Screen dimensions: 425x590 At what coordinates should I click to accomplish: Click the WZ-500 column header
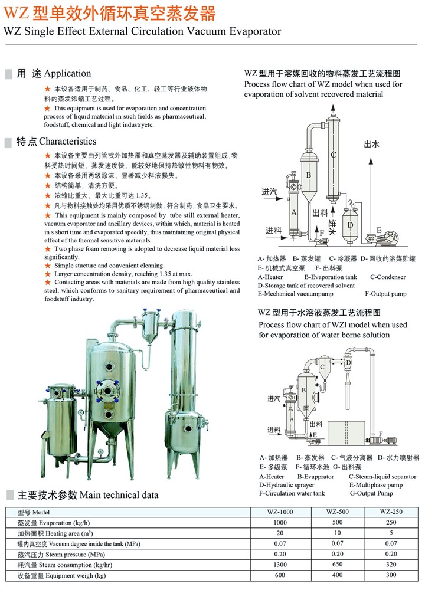[337, 512]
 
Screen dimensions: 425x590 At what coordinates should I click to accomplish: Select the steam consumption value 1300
[280, 565]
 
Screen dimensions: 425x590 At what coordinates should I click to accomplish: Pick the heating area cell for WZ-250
[391, 533]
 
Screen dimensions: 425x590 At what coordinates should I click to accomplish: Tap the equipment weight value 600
[280, 575]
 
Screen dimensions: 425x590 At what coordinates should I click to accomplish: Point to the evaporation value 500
[337, 522]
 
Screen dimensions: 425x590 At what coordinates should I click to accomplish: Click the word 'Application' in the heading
[67, 73]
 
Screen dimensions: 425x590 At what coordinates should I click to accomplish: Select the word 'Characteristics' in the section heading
[68, 142]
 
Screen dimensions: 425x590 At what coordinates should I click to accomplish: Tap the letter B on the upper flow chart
[309, 175]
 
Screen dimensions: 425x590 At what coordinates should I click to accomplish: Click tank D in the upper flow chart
[351, 224]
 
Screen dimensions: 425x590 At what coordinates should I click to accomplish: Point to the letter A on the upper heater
[294, 212]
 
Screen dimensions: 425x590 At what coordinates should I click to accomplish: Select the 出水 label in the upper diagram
[371, 144]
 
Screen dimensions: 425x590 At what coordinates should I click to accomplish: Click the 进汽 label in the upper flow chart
[270, 192]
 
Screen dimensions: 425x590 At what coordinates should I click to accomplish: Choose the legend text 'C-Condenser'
[388, 277]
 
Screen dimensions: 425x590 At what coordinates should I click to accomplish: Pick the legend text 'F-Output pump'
[386, 294]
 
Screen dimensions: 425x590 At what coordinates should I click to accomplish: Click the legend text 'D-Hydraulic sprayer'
[286, 485]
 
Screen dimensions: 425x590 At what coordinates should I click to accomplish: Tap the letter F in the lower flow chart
[381, 434]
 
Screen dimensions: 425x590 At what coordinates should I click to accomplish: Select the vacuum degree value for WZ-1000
[280, 543]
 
